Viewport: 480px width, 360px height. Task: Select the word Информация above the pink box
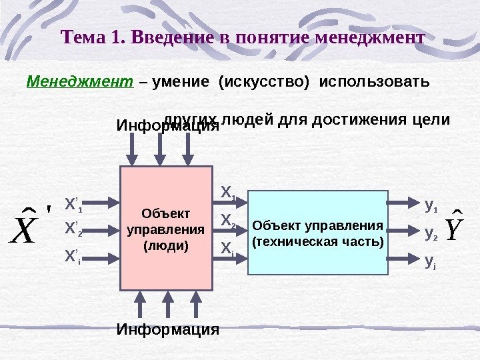pyautogui.click(x=168, y=126)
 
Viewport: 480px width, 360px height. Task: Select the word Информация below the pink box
pyautogui.click(x=168, y=329)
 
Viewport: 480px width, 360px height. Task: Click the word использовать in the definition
pyautogui.click(x=375, y=83)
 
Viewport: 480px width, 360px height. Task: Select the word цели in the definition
pyautogui.click(x=433, y=120)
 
